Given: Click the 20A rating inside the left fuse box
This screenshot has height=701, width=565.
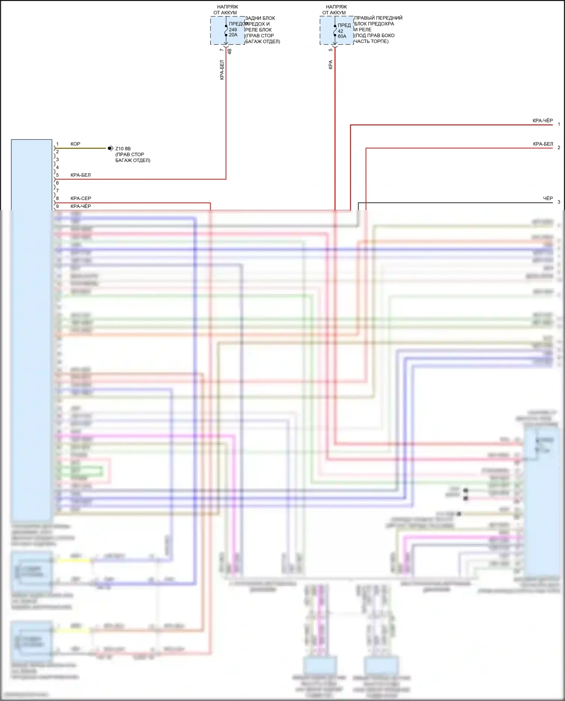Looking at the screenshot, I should (x=233, y=35).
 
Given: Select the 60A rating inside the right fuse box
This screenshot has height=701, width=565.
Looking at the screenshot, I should (x=342, y=37).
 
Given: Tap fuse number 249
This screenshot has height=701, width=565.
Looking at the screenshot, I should (x=233, y=30).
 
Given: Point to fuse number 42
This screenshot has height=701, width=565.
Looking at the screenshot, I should (x=340, y=31).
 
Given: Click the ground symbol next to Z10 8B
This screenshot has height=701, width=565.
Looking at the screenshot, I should (x=110, y=148).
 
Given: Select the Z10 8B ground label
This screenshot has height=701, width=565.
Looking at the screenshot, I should (x=123, y=149).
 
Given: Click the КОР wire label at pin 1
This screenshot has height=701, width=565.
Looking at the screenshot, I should (x=75, y=144).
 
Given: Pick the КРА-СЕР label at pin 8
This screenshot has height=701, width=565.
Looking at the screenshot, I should (x=81, y=199).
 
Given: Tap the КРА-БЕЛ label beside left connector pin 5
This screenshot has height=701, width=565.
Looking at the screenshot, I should (x=80, y=175).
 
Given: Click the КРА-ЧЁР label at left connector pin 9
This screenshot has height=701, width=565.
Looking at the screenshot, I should (x=81, y=206).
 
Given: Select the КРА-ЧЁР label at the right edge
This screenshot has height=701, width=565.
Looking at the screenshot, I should (x=542, y=121).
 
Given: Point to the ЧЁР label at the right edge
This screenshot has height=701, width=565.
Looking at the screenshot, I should (x=548, y=199).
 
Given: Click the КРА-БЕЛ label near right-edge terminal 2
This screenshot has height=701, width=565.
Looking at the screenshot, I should (x=543, y=144).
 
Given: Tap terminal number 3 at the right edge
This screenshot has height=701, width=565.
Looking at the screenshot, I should (x=559, y=202).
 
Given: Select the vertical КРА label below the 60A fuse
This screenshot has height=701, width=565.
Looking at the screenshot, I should (x=331, y=64).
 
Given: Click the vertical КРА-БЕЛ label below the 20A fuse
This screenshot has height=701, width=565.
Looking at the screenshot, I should (x=222, y=70).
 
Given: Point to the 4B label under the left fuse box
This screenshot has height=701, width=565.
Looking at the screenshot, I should (x=229, y=51).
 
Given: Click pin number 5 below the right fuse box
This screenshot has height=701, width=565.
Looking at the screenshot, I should (x=331, y=50).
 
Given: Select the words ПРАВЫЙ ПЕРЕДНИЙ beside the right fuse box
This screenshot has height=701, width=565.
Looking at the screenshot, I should (x=378, y=18).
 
